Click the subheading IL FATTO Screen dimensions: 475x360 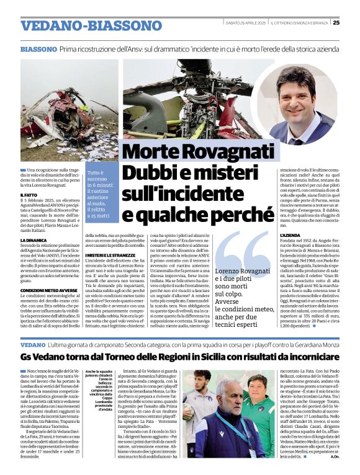tap(30, 195)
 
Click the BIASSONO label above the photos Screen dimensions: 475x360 tap(38, 48)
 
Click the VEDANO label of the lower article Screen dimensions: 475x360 tap(33, 345)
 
